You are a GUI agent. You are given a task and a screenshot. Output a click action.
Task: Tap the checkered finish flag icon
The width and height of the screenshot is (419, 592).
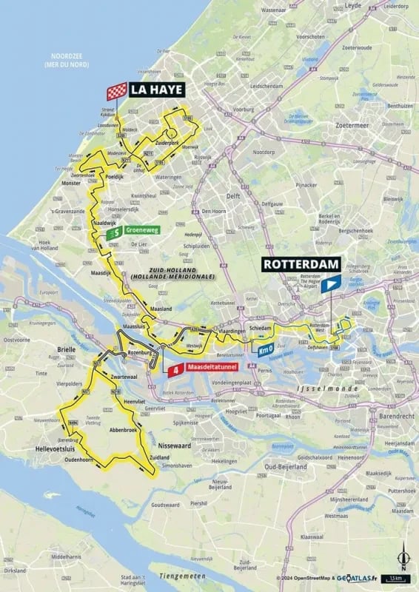[116, 92]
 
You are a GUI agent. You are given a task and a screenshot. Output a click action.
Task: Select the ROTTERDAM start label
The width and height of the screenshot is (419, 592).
[301, 264]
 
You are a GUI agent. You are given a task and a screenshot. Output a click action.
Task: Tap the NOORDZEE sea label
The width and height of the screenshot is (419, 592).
[66, 60]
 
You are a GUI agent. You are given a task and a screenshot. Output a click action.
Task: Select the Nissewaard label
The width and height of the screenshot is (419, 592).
[175, 446]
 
